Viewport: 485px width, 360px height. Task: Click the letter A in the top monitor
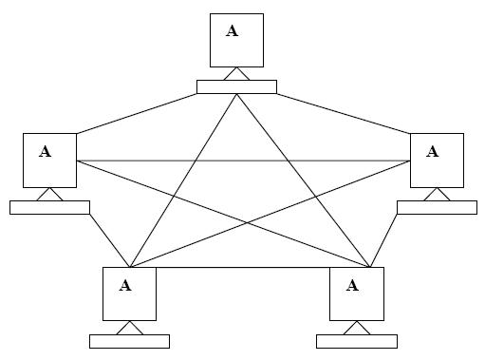coord(233,30)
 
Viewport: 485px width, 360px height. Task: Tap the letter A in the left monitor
coord(46,150)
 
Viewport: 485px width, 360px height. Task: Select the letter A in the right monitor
coord(433,150)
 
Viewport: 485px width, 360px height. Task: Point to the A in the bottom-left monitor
coord(125,284)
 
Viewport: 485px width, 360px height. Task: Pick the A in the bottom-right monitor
coord(353,284)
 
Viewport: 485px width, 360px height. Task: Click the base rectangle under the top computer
coord(236,87)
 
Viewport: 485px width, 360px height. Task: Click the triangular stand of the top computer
coord(236,75)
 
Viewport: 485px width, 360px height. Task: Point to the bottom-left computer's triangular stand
coord(129,329)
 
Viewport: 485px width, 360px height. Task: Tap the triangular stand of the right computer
coord(437,195)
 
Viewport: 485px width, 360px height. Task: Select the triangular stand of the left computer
coord(49,195)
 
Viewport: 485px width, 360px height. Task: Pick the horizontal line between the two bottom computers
coord(242,267)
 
